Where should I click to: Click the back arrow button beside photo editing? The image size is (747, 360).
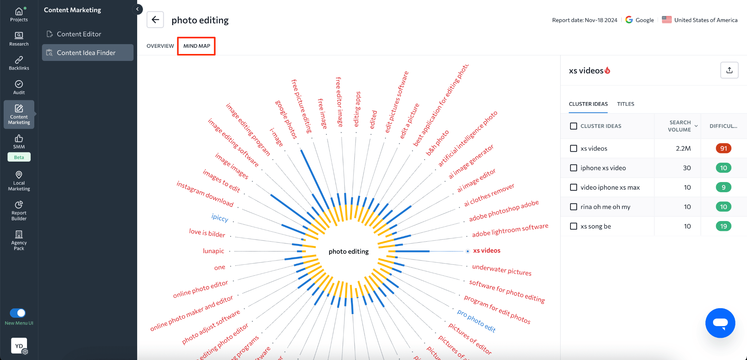point(155,20)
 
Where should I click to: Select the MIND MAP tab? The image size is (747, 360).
point(197,46)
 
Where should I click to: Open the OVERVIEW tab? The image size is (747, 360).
point(160,46)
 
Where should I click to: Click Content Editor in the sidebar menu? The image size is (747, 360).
point(79,34)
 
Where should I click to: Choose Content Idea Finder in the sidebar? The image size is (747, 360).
point(86,53)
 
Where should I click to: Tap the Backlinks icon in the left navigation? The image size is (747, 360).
point(19,63)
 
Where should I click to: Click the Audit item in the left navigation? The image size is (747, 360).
point(19,87)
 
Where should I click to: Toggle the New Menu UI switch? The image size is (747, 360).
point(18,313)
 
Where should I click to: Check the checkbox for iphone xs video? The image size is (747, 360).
point(573,168)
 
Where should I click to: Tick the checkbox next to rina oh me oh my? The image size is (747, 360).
point(573,207)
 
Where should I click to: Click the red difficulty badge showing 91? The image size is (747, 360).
point(723,148)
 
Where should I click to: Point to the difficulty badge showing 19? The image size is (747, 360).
point(723,226)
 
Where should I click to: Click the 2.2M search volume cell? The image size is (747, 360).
point(683,148)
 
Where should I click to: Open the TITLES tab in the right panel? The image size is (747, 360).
point(626,104)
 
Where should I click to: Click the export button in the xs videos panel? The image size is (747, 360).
point(729,70)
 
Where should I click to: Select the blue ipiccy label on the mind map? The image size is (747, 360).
point(220,218)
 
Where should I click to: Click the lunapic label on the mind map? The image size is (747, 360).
point(213,251)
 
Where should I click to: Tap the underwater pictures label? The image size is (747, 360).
point(502,270)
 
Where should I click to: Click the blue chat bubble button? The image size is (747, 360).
point(720,323)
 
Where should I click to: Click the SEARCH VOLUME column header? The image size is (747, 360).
point(680,126)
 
